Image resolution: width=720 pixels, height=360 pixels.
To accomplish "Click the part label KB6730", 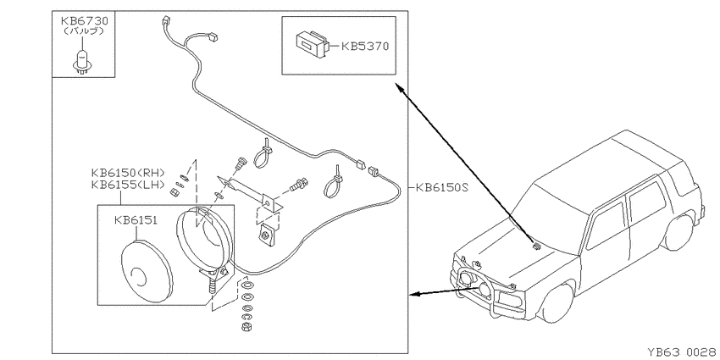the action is pos(85,21).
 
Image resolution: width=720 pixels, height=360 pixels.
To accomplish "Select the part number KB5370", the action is pos(365,47).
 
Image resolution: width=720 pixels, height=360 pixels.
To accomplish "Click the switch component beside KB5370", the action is pos(312,45).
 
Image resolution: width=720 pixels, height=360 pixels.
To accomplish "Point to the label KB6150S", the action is pos(441,188).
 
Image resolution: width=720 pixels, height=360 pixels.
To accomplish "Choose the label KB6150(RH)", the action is pos(128,174).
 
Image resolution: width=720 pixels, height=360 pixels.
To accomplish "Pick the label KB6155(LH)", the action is pos(128,185).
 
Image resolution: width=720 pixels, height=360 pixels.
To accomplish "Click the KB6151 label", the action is pos(136,220).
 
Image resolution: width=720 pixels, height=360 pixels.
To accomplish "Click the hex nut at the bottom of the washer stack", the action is pos(245,326).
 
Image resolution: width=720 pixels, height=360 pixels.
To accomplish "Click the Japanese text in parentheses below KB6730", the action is pos(85,31).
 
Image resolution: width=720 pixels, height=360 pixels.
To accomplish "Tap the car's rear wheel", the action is pos(678,233).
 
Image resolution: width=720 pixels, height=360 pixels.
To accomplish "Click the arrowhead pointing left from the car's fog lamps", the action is pos(414,294).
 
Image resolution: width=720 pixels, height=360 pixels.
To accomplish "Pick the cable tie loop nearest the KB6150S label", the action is pos(335,183).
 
